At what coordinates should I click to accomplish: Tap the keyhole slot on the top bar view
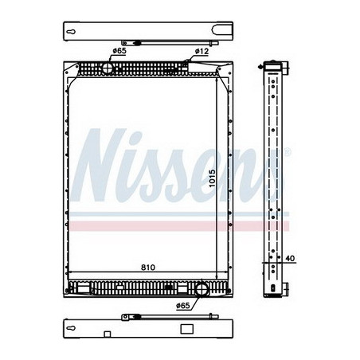[x=72, y=33]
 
